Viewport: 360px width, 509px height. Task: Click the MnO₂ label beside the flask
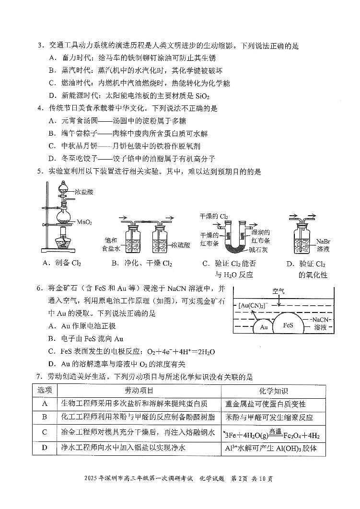pyautogui.click(x=84, y=222)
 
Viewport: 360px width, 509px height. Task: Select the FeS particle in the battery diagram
pyautogui.click(x=288, y=325)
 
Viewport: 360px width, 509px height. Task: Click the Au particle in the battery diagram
pyautogui.click(x=263, y=328)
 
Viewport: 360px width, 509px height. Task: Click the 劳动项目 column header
pyautogui.click(x=139, y=391)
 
